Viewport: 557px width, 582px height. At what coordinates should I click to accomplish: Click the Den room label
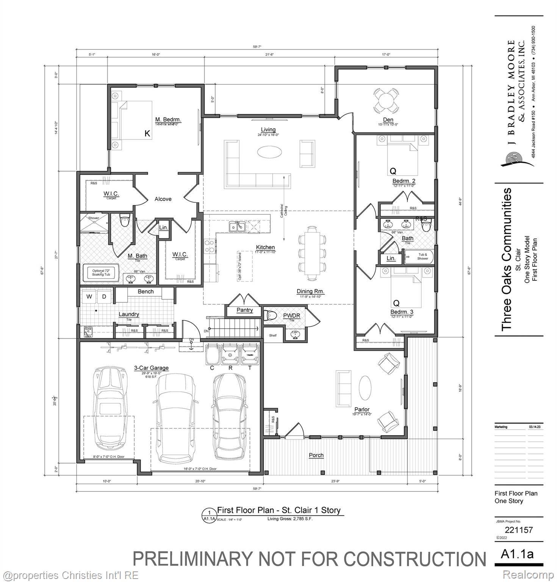pyautogui.click(x=388, y=120)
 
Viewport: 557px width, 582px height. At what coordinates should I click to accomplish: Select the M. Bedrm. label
pyautogui.click(x=168, y=120)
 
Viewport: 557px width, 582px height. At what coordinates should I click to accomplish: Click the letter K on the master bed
pyautogui.click(x=147, y=133)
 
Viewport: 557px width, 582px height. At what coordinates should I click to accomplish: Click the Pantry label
pyautogui.click(x=244, y=310)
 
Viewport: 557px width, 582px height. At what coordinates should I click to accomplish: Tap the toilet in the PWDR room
pyautogui.click(x=271, y=315)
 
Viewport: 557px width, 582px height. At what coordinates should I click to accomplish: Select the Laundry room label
pyautogui.click(x=129, y=314)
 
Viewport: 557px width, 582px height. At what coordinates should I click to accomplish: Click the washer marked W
pyautogui.click(x=89, y=297)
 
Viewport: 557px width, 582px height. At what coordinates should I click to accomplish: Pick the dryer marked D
pyautogui.click(x=104, y=297)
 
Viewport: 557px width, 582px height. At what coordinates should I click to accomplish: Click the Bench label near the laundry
pyautogui.click(x=146, y=291)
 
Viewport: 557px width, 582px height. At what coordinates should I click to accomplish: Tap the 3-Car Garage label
pyautogui.click(x=151, y=368)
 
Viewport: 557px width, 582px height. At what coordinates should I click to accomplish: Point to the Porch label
pyautogui.click(x=316, y=455)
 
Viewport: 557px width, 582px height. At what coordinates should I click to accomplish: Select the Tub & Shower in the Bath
pyautogui.click(x=422, y=257)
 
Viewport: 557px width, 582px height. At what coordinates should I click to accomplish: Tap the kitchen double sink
pyautogui.click(x=237, y=227)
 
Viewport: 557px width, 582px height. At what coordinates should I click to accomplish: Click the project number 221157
pyautogui.click(x=519, y=530)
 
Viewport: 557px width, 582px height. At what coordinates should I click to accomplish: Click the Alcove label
pyautogui.click(x=163, y=199)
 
